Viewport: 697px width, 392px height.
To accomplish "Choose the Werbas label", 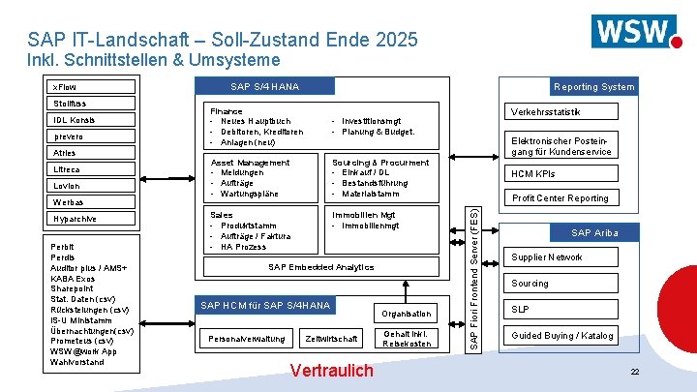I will click(x=70, y=202).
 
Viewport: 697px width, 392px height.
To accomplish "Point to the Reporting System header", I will click(x=593, y=87).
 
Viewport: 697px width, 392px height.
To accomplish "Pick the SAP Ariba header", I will click(x=593, y=232).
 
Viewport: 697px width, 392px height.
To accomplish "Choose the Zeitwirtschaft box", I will click(x=330, y=339).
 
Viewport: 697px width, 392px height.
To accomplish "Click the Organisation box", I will click(x=406, y=314).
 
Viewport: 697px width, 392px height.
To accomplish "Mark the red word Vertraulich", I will click(x=331, y=371).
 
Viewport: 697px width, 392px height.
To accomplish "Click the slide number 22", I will click(x=634, y=373).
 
